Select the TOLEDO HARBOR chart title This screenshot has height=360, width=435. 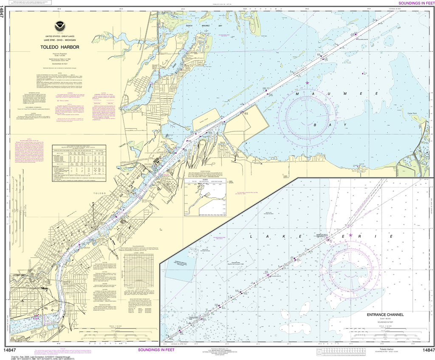click(57, 47)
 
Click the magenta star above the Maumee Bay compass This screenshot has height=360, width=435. click(307, 82)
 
